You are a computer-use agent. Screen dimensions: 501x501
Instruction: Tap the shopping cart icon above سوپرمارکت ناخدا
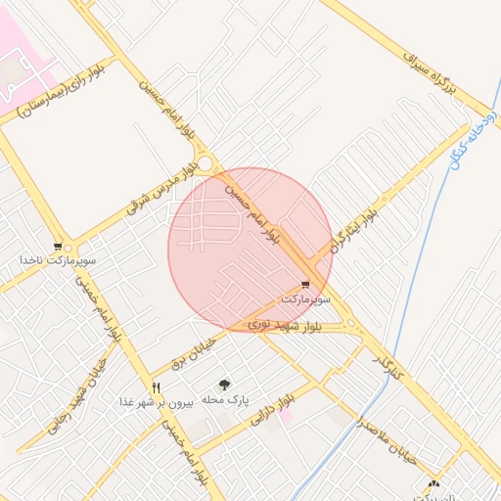59,247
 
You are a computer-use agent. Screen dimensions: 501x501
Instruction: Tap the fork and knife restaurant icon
155,387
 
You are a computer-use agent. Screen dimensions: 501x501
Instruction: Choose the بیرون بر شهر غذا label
153,401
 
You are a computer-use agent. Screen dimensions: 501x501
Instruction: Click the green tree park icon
225,386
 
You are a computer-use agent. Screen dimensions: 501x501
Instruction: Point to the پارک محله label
226,400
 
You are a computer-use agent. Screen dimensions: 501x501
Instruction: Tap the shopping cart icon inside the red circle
306,284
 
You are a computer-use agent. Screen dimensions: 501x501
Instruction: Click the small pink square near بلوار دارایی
286,416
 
